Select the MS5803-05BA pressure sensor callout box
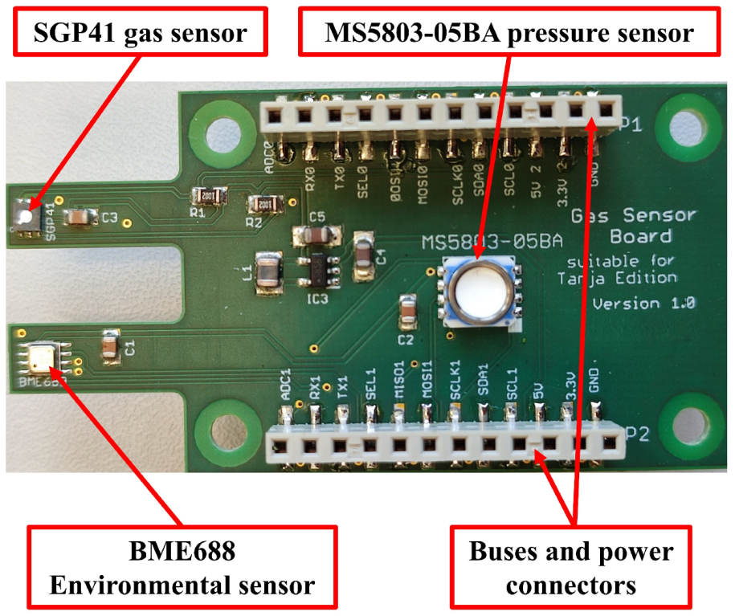(508, 33)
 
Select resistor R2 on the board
(265, 206)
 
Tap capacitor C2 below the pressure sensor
(407, 310)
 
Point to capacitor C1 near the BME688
(109, 346)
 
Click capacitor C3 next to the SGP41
(80, 217)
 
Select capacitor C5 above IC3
(316, 235)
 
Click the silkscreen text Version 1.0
(643, 304)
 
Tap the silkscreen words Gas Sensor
(633, 216)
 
